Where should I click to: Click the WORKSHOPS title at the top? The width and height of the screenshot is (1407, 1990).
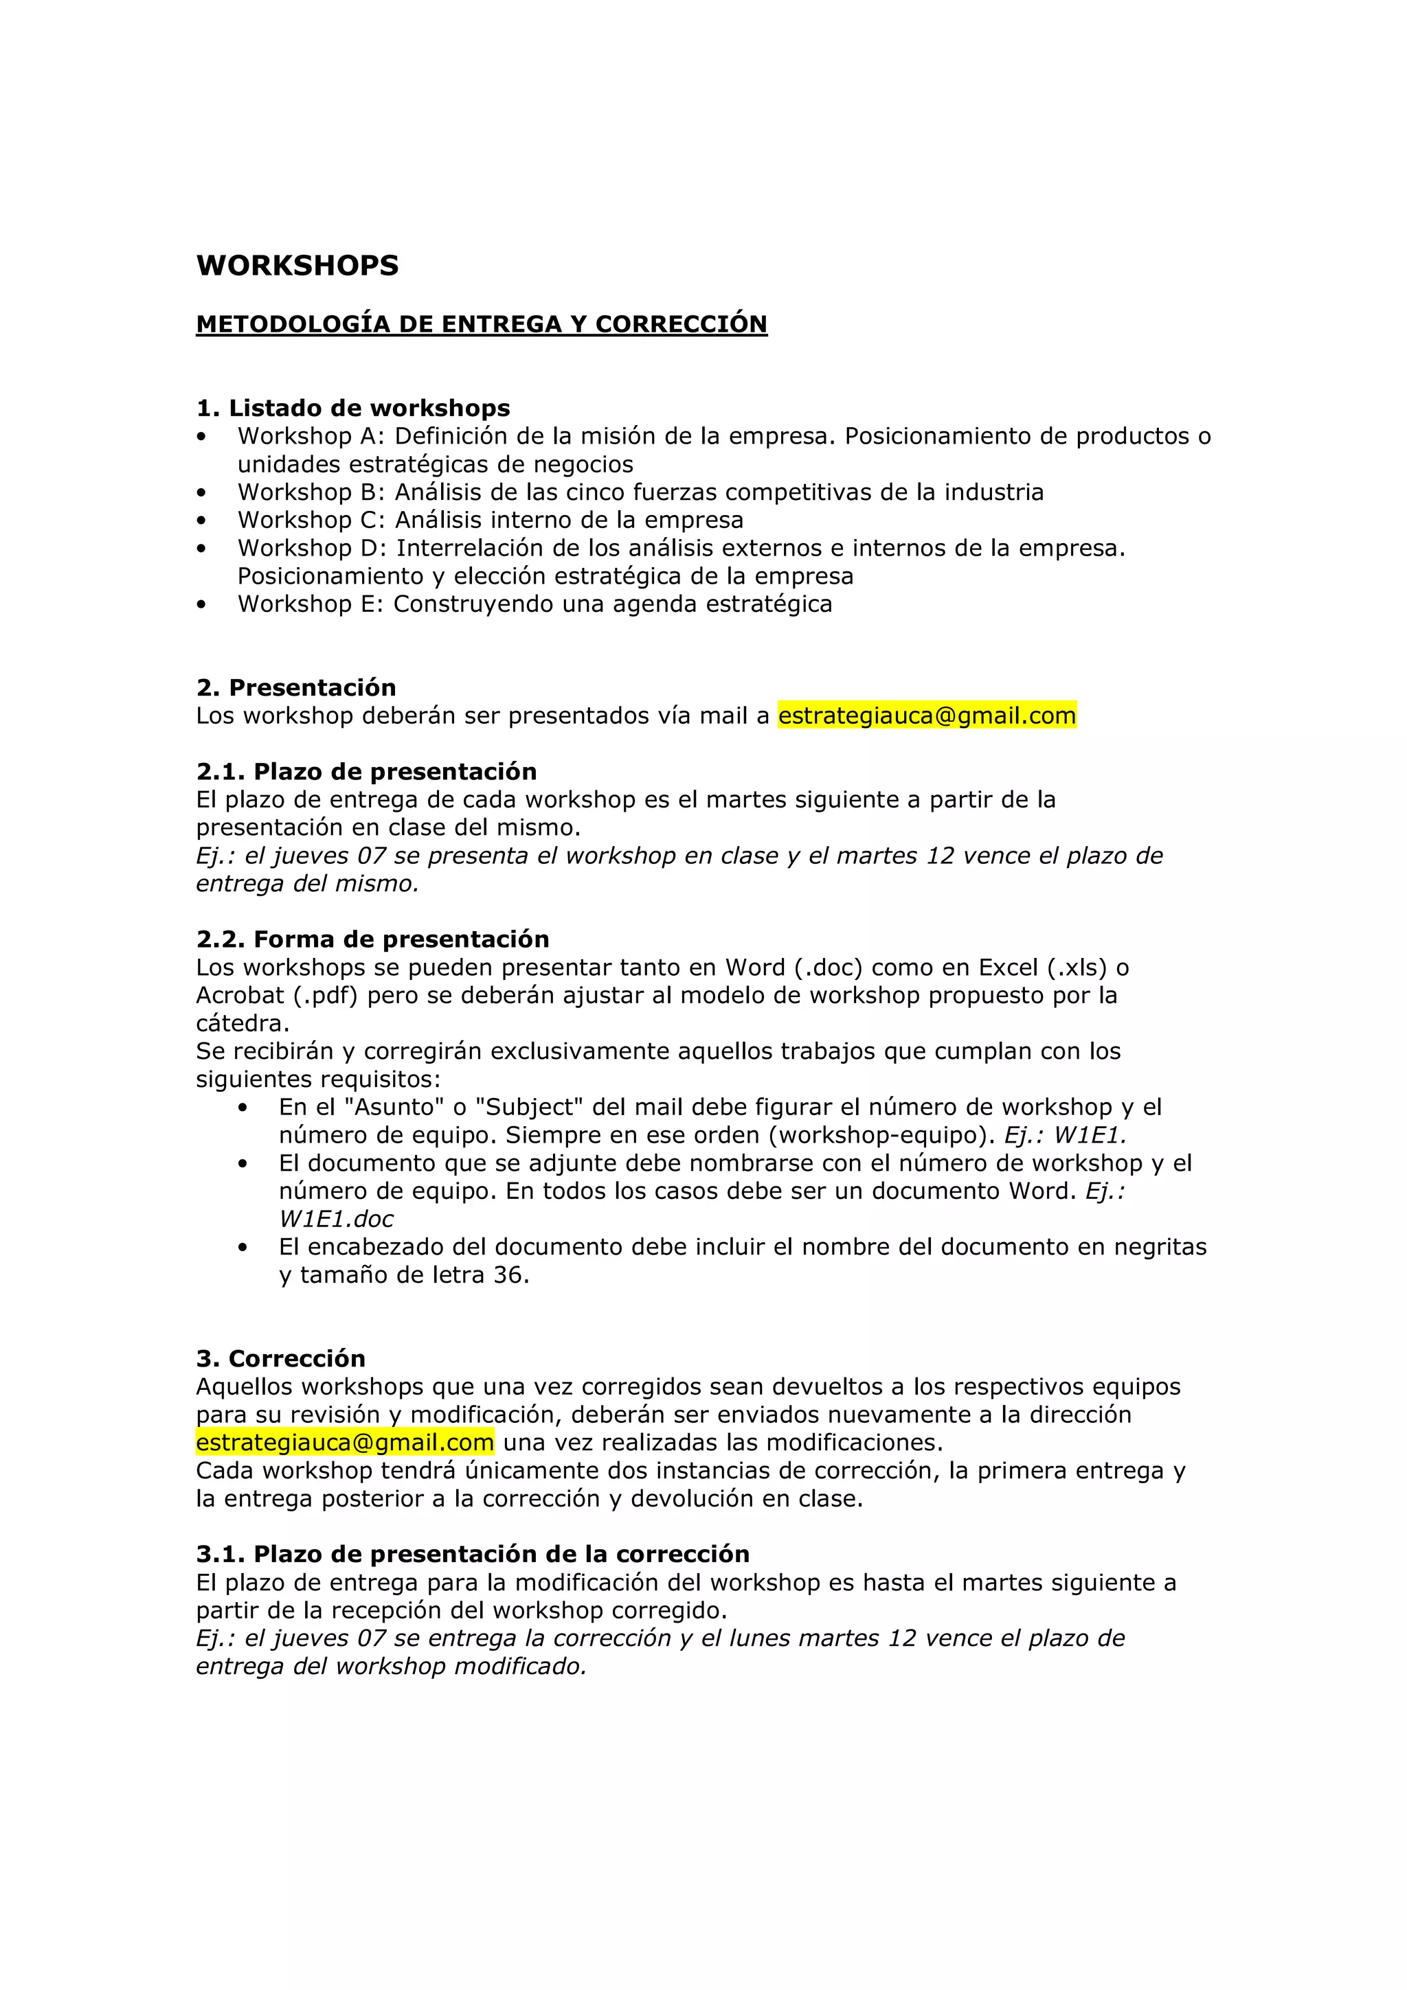[297, 265]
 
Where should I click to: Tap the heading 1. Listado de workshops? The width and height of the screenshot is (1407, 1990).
[353, 407]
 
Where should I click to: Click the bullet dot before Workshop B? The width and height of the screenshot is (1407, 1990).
[202, 493]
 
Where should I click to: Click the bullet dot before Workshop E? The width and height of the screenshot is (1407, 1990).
[202, 605]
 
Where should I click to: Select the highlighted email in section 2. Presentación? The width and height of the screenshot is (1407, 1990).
[927, 716]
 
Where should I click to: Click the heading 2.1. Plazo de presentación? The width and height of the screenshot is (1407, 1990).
[366, 771]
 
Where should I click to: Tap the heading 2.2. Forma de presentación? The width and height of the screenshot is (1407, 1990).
[373, 939]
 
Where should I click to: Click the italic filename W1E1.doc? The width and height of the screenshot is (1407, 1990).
[337, 1220]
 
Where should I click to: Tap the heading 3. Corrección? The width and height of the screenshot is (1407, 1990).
[281, 1358]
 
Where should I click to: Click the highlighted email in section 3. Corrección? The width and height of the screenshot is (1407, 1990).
[345, 1442]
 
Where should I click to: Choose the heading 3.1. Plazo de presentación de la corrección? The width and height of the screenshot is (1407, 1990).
[473, 1553]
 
